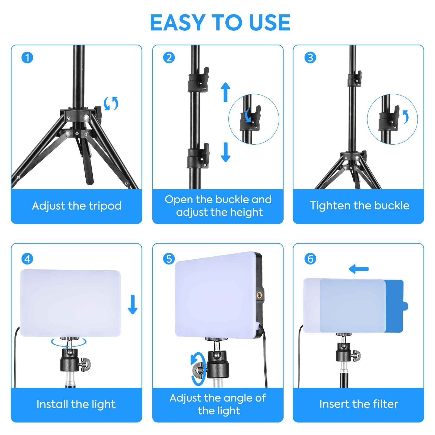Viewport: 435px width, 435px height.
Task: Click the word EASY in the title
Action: (x=178, y=23)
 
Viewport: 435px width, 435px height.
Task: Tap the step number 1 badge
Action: (x=27, y=58)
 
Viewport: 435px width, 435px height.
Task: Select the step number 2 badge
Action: (x=169, y=58)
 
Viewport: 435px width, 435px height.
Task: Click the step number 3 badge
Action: (x=310, y=58)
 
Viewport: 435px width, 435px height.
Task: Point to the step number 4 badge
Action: (x=27, y=259)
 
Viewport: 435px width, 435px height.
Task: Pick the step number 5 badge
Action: (x=169, y=259)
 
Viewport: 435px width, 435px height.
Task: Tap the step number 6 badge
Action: (x=310, y=259)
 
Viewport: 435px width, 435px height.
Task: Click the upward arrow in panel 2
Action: (x=225, y=92)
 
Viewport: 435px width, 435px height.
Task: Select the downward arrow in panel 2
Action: (x=225, y=152)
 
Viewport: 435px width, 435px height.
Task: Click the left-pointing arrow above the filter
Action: (x=359, y=269)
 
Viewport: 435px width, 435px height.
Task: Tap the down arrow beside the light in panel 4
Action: (x=133, y=304)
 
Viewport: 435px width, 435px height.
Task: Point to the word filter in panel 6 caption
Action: (x=386, y=404)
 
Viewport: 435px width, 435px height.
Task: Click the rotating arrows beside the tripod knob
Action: (x=111, y=103)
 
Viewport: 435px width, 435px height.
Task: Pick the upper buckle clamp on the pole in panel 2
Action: (x=198, y=80)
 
